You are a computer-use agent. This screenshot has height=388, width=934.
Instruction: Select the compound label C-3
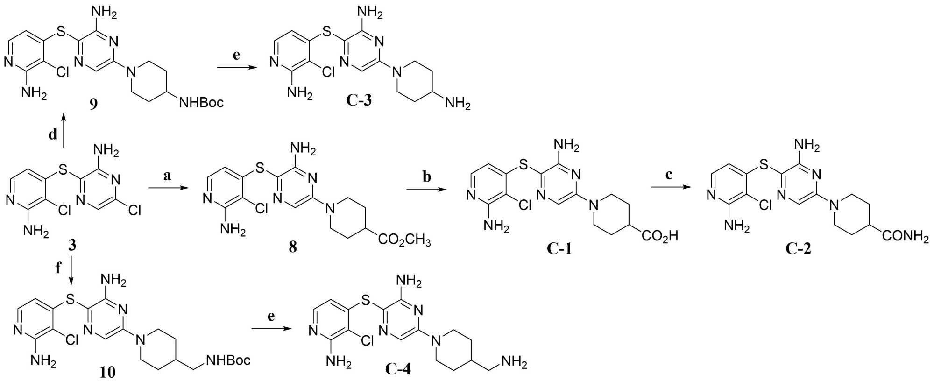[x=359, y=99]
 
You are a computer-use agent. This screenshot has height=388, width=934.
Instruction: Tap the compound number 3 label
[x=72, y=246]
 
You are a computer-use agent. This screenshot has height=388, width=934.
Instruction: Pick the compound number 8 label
[x=293, y=247]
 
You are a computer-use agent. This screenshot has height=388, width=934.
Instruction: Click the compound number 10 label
[x=107, y=372]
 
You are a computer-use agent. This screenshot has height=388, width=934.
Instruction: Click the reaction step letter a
[x=167, y=176]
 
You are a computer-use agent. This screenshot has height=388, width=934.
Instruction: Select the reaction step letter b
[x=427, y=176]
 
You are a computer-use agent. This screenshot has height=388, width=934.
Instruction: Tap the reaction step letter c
[x=669, y=175]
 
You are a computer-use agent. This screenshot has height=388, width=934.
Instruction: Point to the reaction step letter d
[x=53, y=134]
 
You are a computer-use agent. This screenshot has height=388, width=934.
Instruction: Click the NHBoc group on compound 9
[x=202, y=102]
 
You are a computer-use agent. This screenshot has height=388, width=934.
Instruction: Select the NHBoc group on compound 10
[x=228, y=360]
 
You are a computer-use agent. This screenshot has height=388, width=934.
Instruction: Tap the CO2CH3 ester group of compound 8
[x=404, y=240]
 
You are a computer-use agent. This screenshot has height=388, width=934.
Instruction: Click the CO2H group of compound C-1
[x=660, y=236]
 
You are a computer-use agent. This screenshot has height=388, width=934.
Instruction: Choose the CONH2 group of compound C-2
[x=905, y=236]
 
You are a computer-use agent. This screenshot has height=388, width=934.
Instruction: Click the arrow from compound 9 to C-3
[x=238, y=68]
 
